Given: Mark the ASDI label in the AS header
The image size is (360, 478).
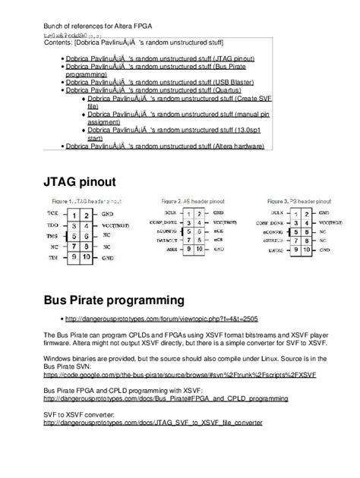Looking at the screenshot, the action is tap(173, 247).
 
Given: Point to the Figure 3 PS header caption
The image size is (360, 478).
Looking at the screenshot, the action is tap(300, 200).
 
